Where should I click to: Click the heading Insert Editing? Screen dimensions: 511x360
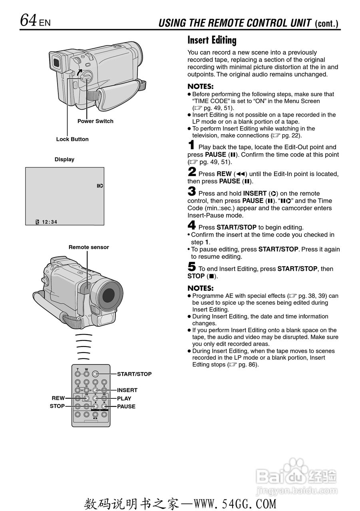212,40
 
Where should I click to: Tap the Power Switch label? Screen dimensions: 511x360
95,121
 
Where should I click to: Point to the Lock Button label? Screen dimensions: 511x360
72,139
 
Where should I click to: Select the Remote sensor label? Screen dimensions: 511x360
89,248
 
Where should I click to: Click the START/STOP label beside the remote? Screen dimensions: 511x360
134,374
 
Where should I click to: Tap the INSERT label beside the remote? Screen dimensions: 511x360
127,390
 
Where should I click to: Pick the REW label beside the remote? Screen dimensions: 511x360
58,398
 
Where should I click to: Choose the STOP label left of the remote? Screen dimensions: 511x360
57,406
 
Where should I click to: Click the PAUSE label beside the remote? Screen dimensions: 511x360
126,406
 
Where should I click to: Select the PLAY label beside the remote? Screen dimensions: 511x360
124,398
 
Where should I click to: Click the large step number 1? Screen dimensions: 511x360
192,145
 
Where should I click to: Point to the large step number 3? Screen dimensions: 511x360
192,192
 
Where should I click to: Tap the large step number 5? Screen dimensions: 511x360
192,267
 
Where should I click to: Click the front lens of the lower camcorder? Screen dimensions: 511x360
109,295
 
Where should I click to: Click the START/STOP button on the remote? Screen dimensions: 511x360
95,374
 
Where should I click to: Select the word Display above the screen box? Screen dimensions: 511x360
64,159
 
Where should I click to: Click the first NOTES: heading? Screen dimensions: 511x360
201,87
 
